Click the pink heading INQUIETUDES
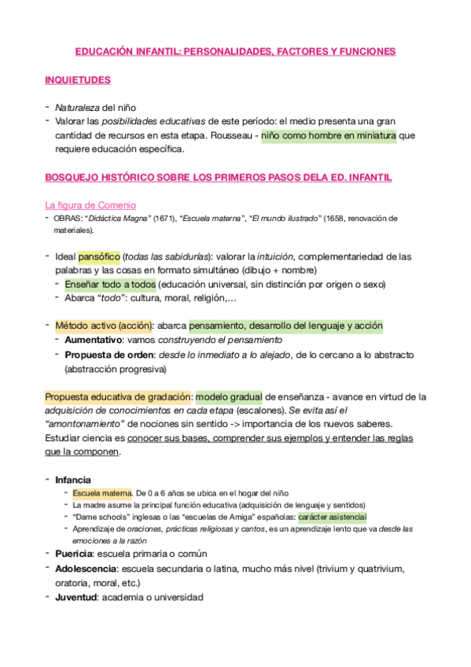(x=77, y=80)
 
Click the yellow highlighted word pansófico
(x=99, y=256)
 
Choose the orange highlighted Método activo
(x=86, y=326)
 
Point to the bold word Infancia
(x=72, y=479)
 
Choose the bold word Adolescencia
(x=85, y=569)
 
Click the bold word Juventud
(x=75, y=597)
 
